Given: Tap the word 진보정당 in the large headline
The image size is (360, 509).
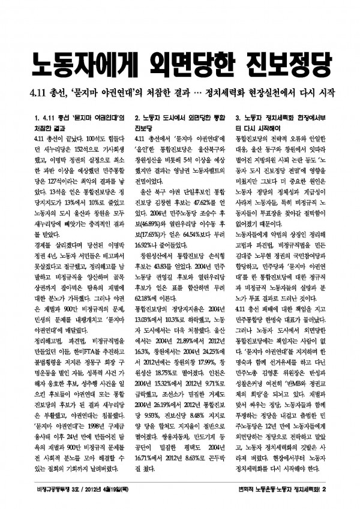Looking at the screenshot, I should (x=288, y=62).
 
